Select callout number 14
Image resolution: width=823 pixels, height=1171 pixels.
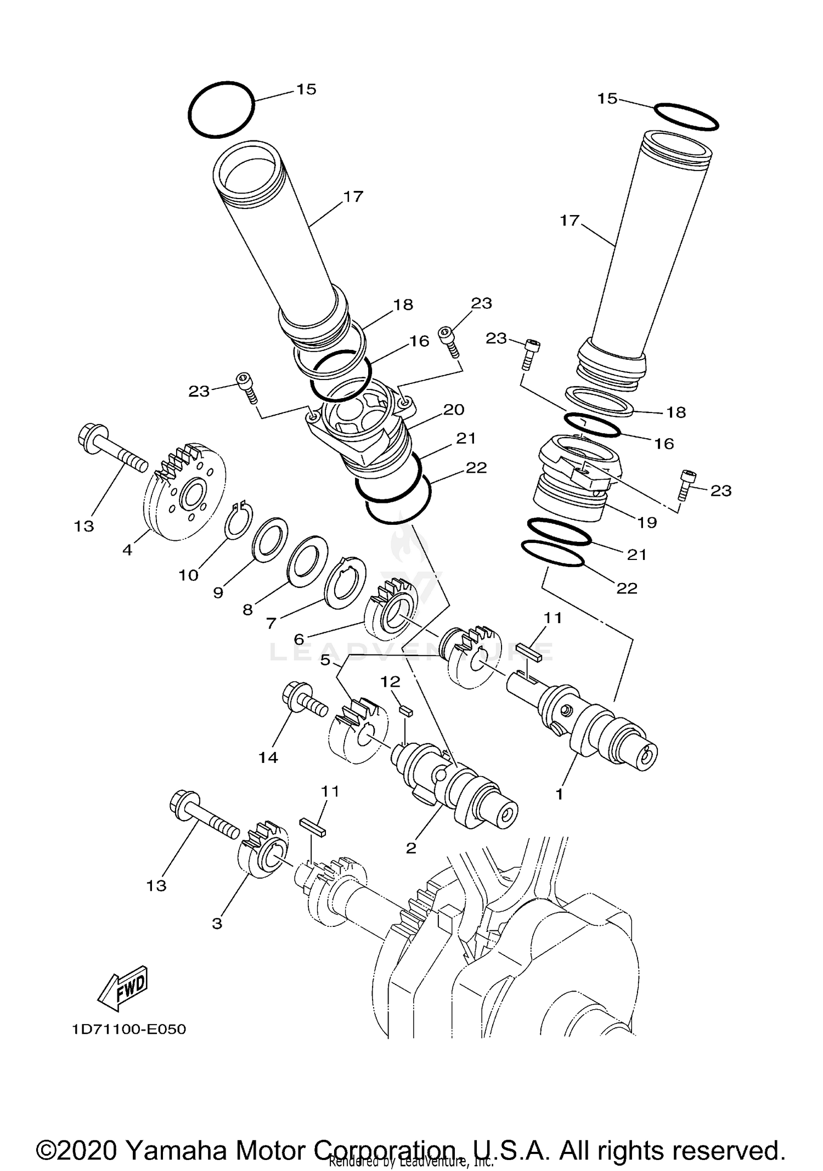pos(268,757)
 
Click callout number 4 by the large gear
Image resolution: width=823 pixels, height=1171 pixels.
pos(127,549)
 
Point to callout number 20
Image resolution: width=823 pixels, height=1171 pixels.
pos(454,410)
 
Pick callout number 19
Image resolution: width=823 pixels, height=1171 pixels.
pos(647,522)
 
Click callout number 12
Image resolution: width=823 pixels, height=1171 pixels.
pos(391,682)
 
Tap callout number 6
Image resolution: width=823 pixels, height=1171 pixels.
pos(299,640)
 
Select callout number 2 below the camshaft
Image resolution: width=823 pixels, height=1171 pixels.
pos(411,848)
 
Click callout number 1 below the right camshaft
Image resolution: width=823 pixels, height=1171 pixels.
pos(559,794)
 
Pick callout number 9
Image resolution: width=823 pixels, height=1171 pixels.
pos(218,593)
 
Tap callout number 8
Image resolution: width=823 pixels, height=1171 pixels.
pos(248,610)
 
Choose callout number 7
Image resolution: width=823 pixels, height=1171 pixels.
pos(271,624)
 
